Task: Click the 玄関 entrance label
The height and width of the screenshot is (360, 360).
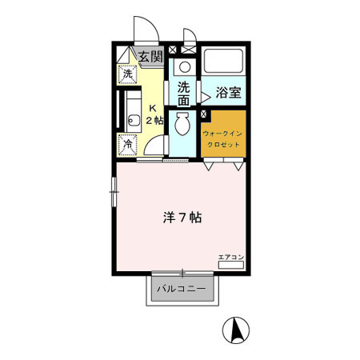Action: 150,57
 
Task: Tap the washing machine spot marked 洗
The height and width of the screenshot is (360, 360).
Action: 127,74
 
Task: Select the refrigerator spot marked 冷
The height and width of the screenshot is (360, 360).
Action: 128,145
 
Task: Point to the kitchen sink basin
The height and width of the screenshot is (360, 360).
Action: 134,121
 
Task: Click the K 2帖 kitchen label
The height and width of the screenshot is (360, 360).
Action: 154,114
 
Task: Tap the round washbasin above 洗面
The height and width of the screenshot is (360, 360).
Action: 185,67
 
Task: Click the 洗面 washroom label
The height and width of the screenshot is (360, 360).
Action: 183,94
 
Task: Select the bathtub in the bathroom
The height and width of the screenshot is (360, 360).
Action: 223,61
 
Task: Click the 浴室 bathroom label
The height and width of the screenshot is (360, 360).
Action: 229,93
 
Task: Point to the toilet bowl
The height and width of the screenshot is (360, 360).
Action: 182,124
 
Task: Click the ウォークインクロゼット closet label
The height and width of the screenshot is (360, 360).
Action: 222,139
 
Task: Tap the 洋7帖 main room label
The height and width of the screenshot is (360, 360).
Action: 182,218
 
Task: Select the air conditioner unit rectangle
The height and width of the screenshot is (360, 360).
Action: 231,265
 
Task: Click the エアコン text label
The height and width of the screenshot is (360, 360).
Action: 231,258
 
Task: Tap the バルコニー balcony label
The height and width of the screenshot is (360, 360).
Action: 182,289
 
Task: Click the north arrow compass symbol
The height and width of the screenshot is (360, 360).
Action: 236,330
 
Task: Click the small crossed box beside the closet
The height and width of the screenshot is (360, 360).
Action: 203,114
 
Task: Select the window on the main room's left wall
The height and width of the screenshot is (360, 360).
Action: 114,192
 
